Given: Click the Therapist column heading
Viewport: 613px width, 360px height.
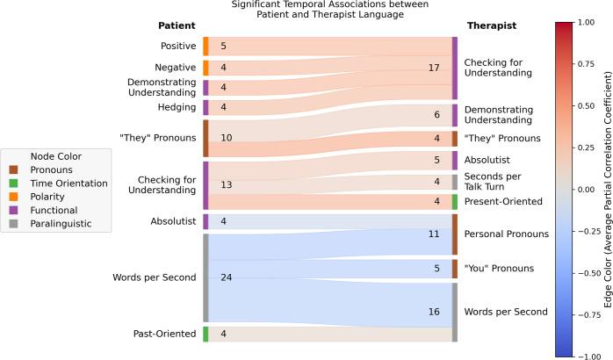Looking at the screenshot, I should coord(490,25).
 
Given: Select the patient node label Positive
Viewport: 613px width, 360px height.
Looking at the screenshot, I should coord(178,46).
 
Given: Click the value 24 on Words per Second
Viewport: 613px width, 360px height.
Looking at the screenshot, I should coord(226,277).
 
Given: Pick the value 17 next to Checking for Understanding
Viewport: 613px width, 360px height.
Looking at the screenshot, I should coord(433,68).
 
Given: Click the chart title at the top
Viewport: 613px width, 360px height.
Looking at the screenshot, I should coord(305,9).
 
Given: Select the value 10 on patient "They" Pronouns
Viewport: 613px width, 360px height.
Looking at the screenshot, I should coord(226,138).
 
